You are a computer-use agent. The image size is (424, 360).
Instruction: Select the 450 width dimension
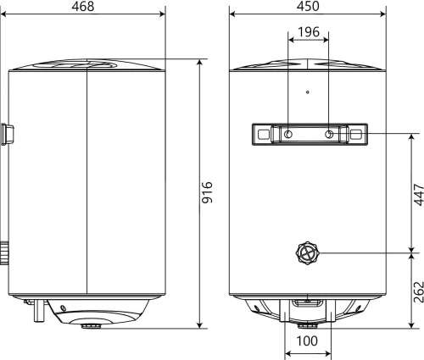click(x=307, y=7)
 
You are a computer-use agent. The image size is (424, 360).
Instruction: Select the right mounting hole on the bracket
click(x=328, y=135)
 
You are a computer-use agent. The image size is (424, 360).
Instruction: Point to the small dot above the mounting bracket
click(x=307, y=91)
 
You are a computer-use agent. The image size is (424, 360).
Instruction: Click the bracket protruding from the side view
click(x=8, y=133)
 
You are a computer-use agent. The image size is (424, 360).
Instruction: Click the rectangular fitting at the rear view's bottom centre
click(x=307, y=302)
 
